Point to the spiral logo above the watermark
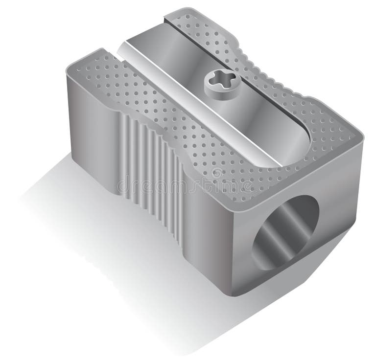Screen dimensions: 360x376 point(216,173)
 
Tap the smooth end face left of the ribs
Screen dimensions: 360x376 point(93,127)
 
